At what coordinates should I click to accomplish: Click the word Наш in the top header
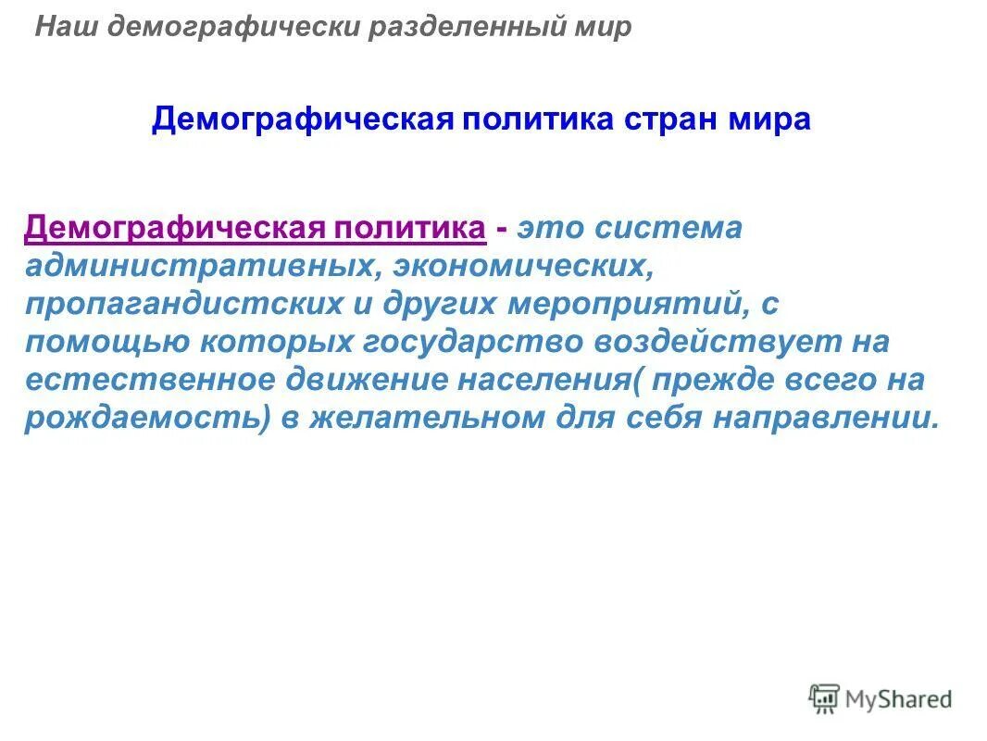[65, 27]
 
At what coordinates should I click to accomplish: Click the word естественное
[148, 380]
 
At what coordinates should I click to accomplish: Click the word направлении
[825, 418]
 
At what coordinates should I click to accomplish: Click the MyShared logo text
[898, 699]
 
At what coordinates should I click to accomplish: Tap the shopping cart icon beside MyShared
[823, 698]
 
